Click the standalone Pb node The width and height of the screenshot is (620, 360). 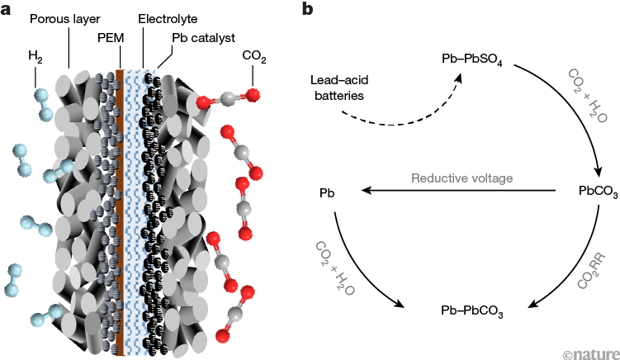(326, 192)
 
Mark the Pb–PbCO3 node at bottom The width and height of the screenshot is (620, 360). (473, 312)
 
